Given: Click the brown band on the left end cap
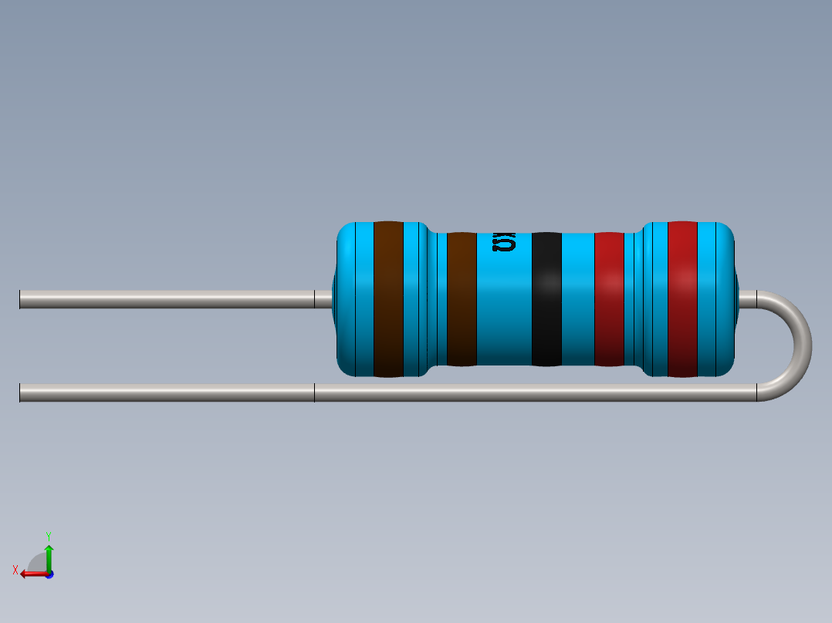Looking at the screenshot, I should click(x=388, y=299).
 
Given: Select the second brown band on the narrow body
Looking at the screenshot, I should click(x=462, y=299).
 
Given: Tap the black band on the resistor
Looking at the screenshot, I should click(x=546, y=299).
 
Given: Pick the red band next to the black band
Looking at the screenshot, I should click(x=609, y=299).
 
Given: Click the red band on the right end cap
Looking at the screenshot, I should click(x=682, y=299).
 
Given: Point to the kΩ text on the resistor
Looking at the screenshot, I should click(x=504, y=244).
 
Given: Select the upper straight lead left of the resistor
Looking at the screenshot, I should click(x=166, y=299).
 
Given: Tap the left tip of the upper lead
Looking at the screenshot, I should click(x=22, y=299).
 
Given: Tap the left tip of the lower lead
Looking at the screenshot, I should click(x=22, y=393).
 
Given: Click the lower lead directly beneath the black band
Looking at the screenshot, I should click(x=546, y=393).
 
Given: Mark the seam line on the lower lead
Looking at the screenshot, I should click(x=314, y=393).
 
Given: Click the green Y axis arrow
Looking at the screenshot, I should click(x=49, y=554).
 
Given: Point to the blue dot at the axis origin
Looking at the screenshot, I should click(x=49, y=574).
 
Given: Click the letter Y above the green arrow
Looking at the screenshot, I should click(x=48, y=535).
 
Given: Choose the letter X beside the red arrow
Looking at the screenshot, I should click(x=15, y=570).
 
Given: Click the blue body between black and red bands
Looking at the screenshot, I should click(x=577, y=299).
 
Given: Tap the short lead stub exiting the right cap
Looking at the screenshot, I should click(x=747, y=299).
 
